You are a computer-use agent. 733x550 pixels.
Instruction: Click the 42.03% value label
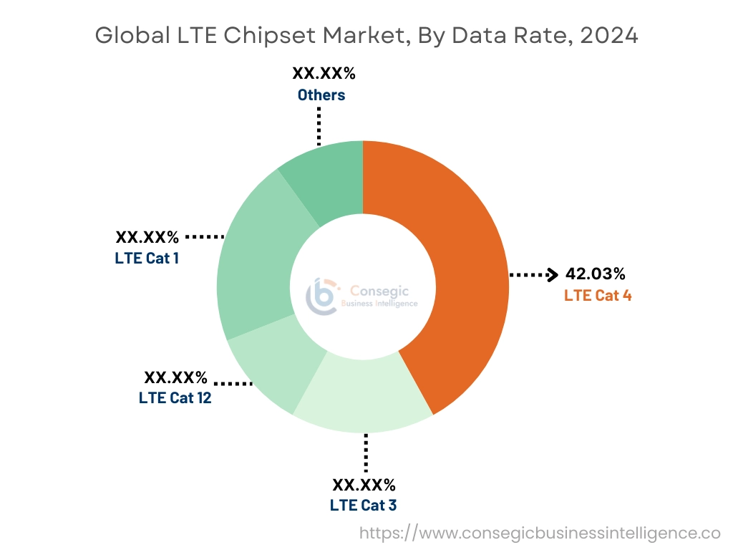[595, 274]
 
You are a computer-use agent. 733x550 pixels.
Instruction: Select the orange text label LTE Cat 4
[598, 295]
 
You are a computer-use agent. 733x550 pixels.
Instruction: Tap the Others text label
[321, 95]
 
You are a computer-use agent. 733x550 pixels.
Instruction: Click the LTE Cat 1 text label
[147, 258]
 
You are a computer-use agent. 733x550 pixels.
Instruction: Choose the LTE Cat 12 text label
[175, 397]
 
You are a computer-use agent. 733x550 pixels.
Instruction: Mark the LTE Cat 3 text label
[363, 505]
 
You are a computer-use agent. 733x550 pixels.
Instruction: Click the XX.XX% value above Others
[324, 74]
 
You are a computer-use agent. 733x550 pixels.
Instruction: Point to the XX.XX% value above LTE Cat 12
[175, 377]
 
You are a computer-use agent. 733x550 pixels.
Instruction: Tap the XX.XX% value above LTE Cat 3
[364, 485]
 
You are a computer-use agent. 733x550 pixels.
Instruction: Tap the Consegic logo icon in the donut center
[321, 296]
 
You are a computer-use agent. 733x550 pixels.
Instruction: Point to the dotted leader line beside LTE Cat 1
[205, 236]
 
